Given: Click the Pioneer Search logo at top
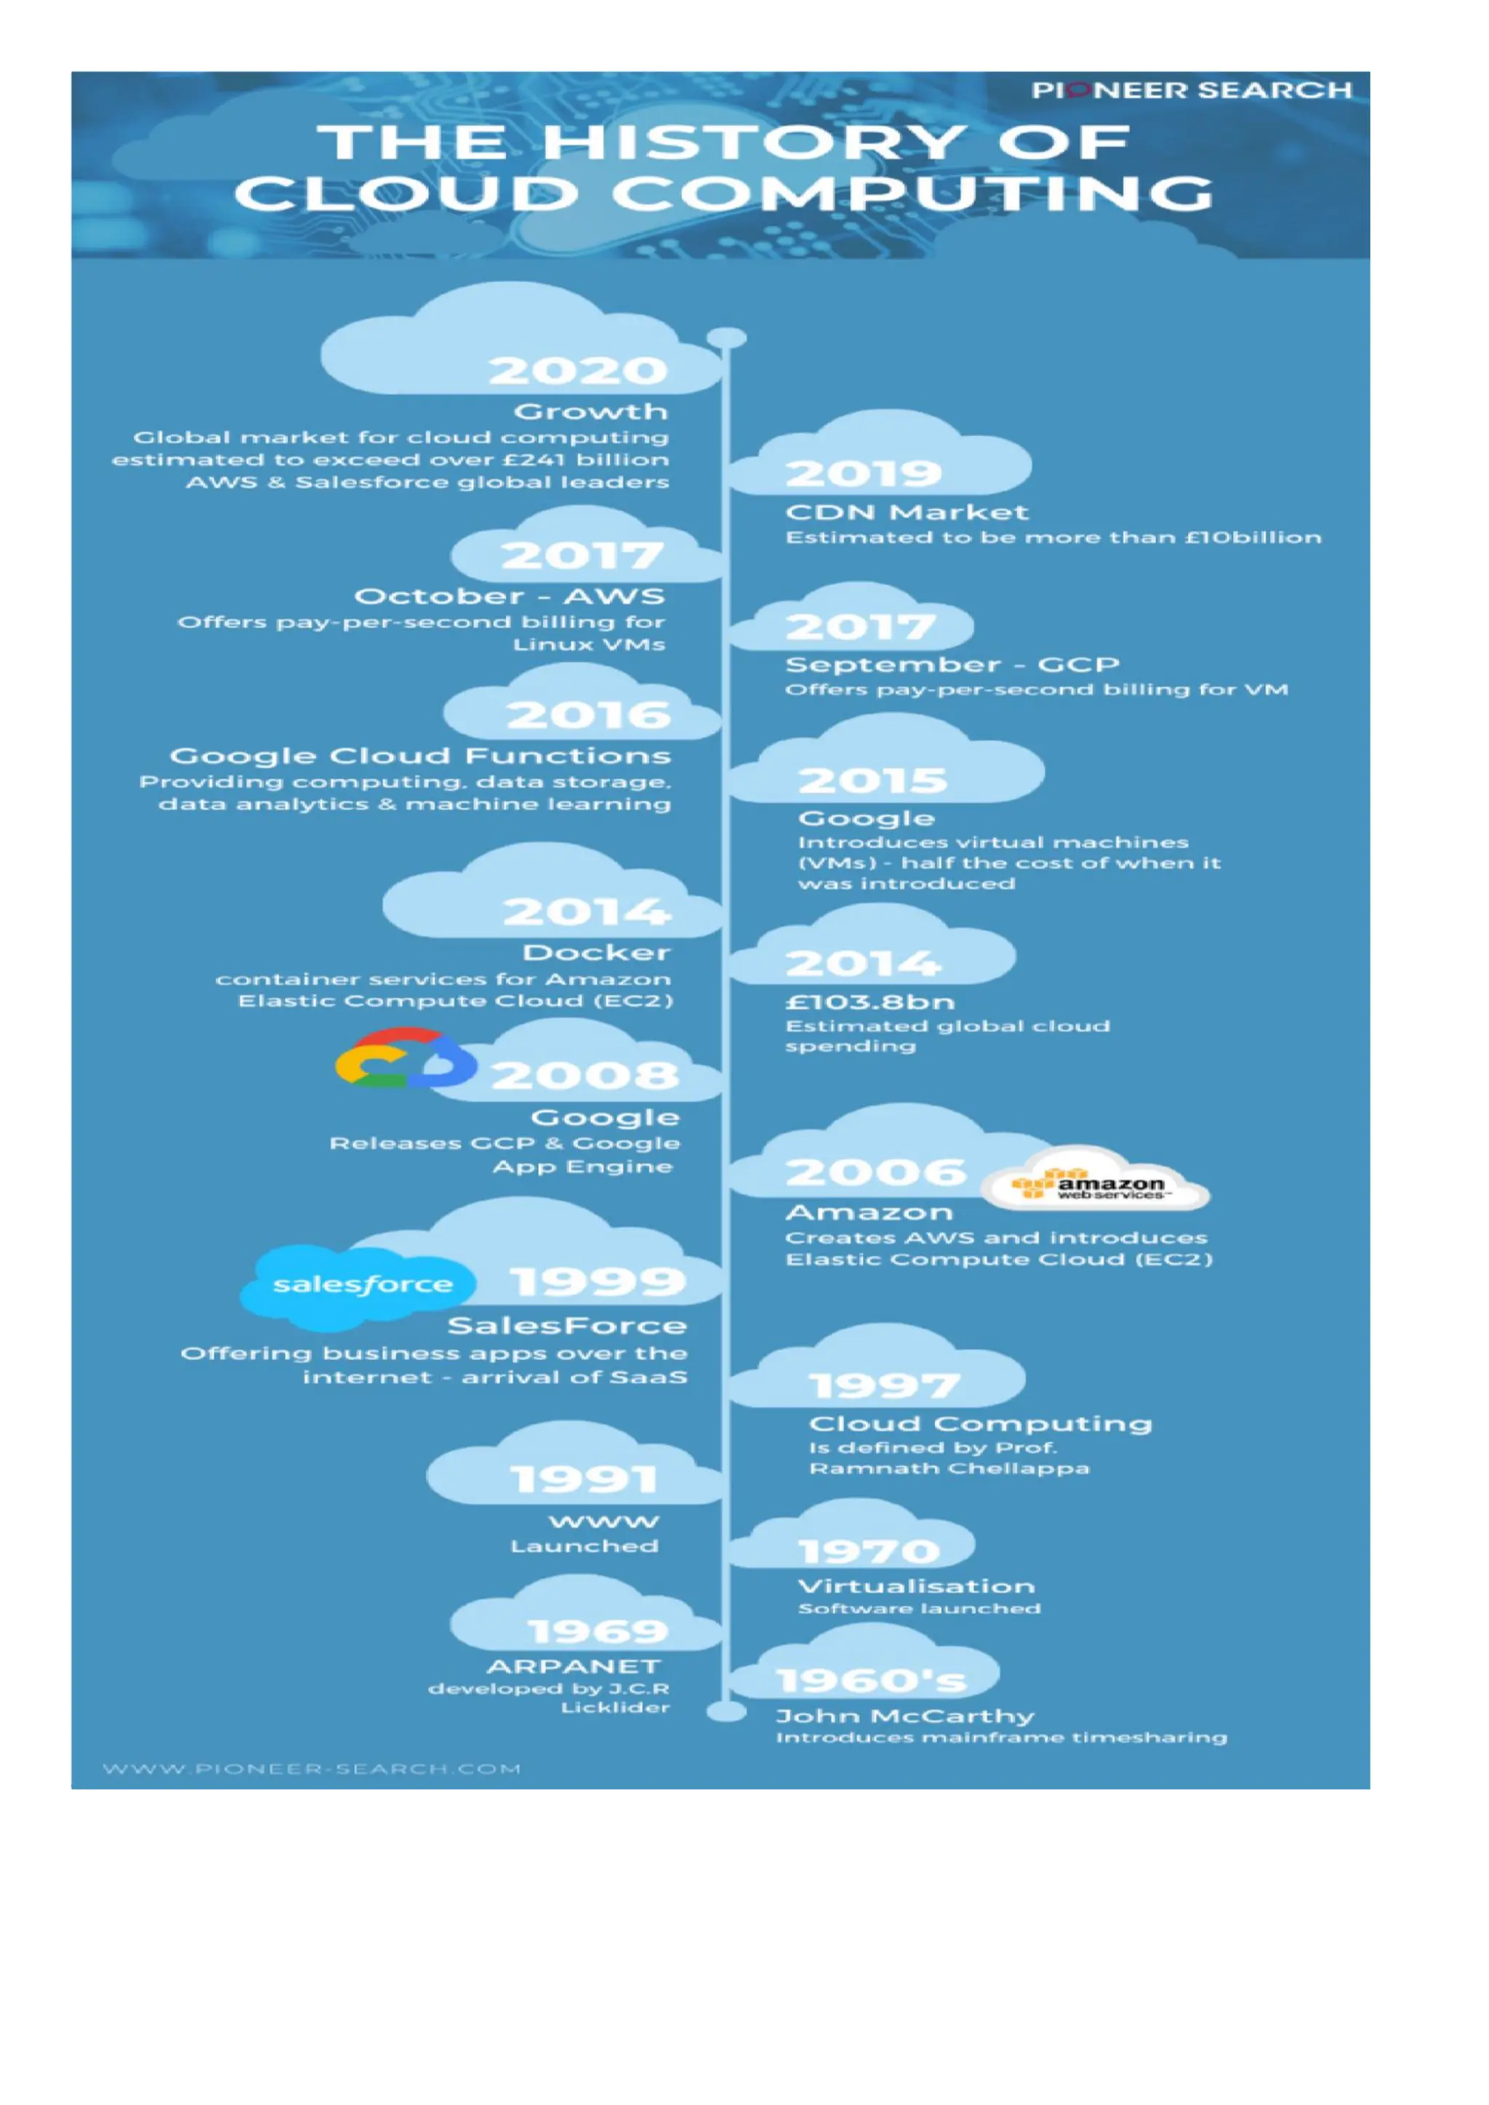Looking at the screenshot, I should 1191,90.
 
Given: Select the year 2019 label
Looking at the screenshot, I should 864,473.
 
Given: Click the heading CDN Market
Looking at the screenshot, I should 907,512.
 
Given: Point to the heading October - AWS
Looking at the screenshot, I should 509,596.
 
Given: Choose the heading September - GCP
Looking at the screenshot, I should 952,664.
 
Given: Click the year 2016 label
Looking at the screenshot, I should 589,715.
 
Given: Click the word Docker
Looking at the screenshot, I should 596,953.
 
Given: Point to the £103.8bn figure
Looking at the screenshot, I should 870,1001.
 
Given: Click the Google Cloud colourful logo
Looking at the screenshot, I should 405,1059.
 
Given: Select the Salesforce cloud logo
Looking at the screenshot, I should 361,1285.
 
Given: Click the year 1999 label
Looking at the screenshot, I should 597,1281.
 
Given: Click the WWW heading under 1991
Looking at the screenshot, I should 603,1521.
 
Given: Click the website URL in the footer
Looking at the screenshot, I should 312,1768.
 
